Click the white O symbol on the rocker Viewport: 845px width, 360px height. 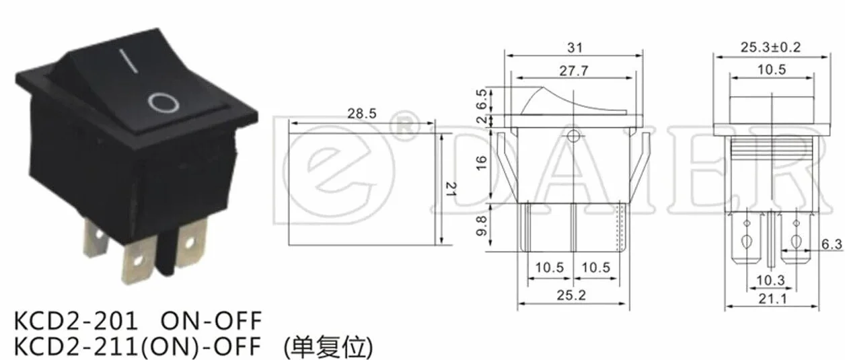[163, 102]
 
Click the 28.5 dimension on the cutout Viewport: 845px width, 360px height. [362, 113]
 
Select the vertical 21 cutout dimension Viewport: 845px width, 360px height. [451, 188]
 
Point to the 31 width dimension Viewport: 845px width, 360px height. [575, 48]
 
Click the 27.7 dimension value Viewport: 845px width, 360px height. [574, 71]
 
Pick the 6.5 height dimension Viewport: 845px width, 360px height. [481, 99]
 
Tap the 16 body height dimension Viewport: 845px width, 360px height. [481, 163]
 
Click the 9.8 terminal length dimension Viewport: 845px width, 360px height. [481, 225]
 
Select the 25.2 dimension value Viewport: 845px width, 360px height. [571, 295]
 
